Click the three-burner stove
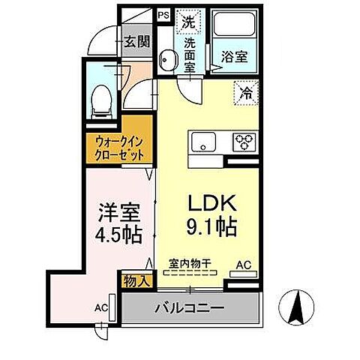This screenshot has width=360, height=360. (x=245, y=142)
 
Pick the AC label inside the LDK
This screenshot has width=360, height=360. (x=244, y=264)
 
